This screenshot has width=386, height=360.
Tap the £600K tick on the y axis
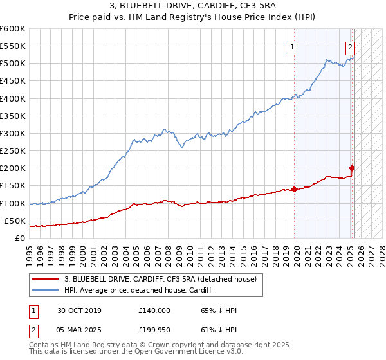[x=13, y=29]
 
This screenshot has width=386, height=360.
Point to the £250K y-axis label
[x=13, y=151]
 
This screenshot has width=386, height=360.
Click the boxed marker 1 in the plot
[x=293, y=46]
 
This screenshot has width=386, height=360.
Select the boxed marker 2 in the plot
[x=350, y=46]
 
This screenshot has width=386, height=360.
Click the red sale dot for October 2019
[x=294, y=189]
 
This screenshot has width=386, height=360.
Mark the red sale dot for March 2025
[x=352, y=168]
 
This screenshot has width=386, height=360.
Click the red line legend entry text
[x=161, y=278]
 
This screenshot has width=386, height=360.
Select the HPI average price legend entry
[x=142, y=290]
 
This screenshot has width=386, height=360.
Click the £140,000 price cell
[x=154, y=310]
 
